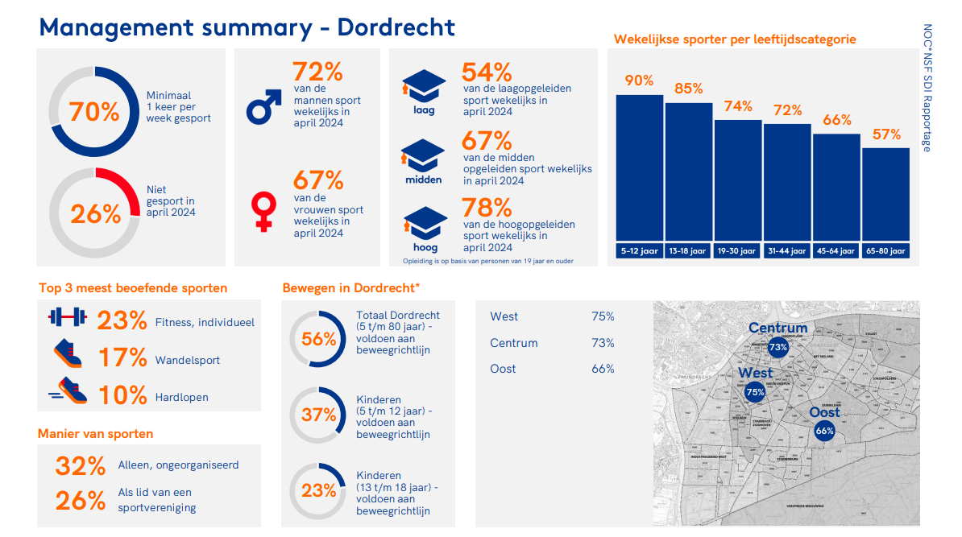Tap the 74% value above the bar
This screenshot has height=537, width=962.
[738, 106]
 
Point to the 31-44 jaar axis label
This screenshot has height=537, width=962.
[787, 251]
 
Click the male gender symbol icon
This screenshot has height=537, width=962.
[263, 106]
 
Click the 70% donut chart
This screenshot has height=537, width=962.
[94, 112]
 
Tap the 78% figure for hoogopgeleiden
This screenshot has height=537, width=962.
[487, 209]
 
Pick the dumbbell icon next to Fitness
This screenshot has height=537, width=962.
[66, 316]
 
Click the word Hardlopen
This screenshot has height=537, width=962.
[181, 397]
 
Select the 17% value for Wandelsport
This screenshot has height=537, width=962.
[122, 357]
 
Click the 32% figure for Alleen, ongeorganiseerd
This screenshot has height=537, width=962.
[81, 466]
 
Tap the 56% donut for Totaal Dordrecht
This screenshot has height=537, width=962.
[319, 339]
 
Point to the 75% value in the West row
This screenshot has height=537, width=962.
[603, 316]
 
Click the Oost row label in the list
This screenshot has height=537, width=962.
[503, 369]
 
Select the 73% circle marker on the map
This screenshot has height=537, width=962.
[777, 348]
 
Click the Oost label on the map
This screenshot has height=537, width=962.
[824, 412]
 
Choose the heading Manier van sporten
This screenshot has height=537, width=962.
[95, 434]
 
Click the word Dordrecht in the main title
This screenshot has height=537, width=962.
[396, 27]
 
